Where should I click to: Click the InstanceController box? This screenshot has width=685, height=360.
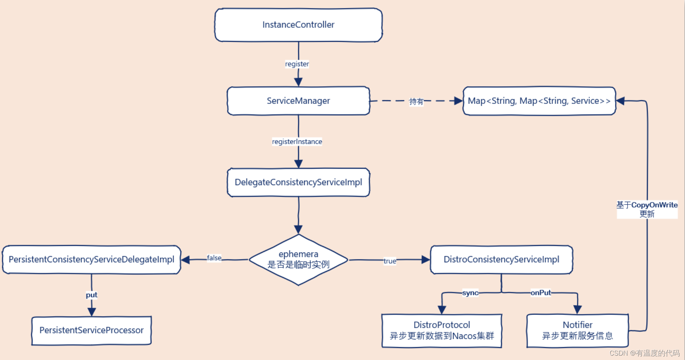[298, 25]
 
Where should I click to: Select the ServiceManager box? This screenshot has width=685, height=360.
[298, 101]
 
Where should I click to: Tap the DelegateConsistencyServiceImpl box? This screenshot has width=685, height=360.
[298, 182]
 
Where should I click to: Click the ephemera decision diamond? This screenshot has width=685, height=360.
[298, 259]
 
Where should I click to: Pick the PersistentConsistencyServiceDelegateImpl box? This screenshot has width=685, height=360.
[91, 259]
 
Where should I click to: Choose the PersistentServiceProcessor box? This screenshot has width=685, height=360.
[91, 330]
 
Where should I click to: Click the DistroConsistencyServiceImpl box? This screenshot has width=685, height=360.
[501, 259]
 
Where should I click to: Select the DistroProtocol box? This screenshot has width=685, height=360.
[442, 330]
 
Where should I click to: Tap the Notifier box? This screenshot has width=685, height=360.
[577, 330]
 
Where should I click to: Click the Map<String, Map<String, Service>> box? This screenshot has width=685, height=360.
[539, 101]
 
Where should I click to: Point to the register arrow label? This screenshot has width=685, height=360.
[297, 64]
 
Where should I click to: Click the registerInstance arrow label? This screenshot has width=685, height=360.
[297, 142]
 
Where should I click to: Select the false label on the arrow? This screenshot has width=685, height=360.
[214, 258]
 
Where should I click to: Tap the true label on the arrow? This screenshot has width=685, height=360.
[390, 261]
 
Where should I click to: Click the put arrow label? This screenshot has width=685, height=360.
[91, 295]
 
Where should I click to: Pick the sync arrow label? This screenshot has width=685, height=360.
[470, 293]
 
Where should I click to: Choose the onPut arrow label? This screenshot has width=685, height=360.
[540, 293]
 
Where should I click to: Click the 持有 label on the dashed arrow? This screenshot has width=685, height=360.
[416, 101]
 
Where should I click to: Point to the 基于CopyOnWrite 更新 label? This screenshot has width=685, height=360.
[647, 209]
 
